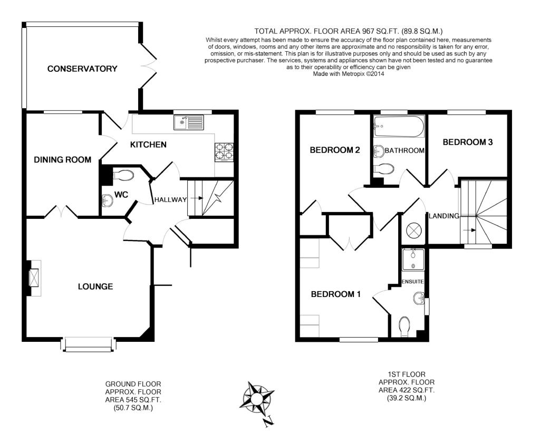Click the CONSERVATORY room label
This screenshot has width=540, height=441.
tap(82, 69)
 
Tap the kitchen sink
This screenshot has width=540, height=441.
tap(189, 123)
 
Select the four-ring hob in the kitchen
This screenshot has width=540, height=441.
tap(224, 152)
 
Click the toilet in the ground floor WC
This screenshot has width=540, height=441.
tap(122, 175)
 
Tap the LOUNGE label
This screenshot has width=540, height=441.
tap(95, 286)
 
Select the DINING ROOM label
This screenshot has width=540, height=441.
tap(62, 160)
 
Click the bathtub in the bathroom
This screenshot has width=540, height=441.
tap(399, 127)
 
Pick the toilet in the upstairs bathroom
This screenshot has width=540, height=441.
tap(383, 169)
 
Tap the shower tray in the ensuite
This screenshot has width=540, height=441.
tap(413, 260)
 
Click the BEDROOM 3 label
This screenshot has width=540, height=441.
tap(468, 142)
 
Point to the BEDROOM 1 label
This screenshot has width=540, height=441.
tap(335, 294)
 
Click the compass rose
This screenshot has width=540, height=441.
tap(256, 399)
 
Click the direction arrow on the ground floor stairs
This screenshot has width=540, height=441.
tap(196, 198)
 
